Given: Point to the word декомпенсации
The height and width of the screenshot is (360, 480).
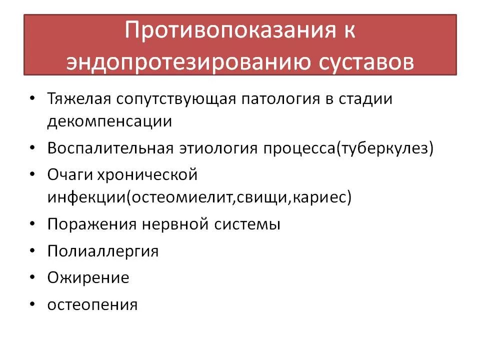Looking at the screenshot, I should [110, 122].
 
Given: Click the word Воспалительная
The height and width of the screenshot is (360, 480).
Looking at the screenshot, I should [110, 148].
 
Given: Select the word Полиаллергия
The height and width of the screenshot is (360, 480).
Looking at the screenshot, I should [103, 250].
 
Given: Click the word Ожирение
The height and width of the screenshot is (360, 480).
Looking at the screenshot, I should [88, 277].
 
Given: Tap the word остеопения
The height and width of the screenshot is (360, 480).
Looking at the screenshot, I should [92, 304].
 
